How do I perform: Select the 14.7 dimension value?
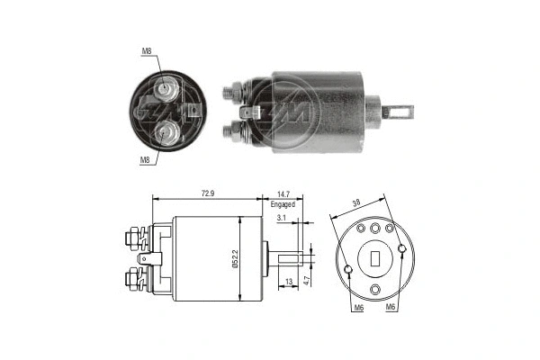coord(282,193)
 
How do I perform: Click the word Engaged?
coord(283,204)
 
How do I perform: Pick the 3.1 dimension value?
coord(282,219)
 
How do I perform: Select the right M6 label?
coord(391,309)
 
